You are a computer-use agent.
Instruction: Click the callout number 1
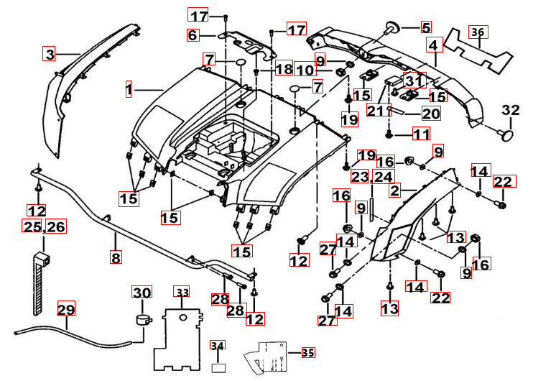point(129,90)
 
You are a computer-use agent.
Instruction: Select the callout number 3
point(49,54)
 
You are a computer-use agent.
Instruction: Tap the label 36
point(478,32)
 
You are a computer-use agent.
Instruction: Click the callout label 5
point(426,28)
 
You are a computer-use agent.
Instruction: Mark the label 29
point(66,310)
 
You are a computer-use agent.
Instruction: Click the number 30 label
point(142,293)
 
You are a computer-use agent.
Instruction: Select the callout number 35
point(307,353)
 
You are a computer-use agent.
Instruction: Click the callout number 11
point(421,133)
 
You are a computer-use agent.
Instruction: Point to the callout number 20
point(431,113)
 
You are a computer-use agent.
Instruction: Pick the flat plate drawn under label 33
point(180,337)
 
